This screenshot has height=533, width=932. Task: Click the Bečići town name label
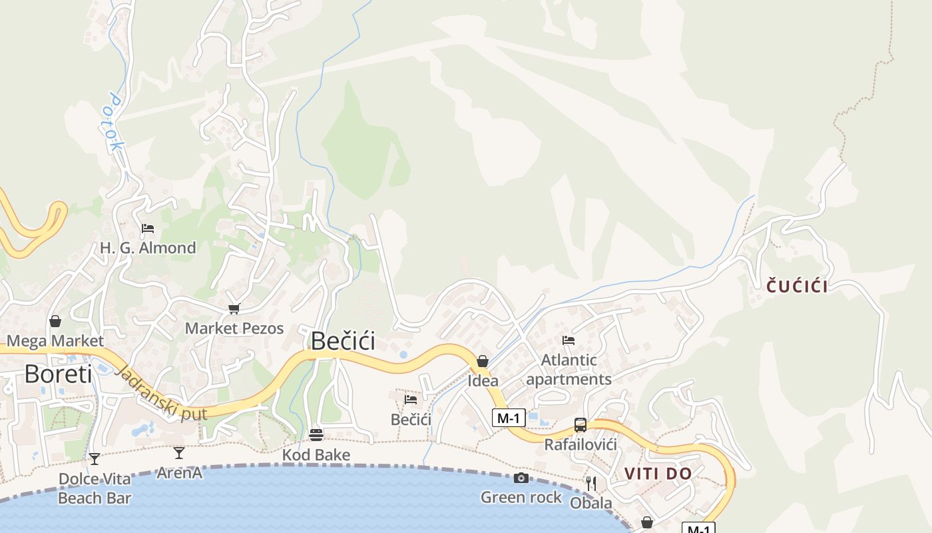(x=343, y=341)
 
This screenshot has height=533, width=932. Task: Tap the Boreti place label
(x=58, y=374)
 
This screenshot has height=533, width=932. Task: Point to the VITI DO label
(x=658, y=474)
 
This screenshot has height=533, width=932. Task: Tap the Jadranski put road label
(x=160, y=394)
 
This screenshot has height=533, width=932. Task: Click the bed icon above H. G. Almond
(x=148, y=229)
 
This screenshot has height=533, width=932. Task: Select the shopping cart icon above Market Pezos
(x=234, y=308)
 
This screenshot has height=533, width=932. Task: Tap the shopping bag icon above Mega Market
(x=55, y=322)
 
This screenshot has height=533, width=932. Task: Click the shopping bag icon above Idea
(x=483, y=361)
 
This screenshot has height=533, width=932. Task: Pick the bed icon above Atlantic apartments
(x=568, y=340)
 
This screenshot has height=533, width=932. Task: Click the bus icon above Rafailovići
(x=581, y=425)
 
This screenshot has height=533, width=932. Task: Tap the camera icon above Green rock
(x=521, y=478)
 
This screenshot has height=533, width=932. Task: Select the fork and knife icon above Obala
(x=591, y=483)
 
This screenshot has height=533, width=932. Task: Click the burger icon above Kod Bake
(x=316, y=435)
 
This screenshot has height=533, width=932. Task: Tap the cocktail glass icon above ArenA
(x=179, y=453)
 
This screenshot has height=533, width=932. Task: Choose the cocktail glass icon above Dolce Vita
(x=95, y=458)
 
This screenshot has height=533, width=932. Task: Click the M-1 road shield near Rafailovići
(x=509, y=418)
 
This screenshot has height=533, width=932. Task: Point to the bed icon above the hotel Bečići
(x=411, y=400)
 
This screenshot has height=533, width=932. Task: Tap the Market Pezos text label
(x=234, y=328)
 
